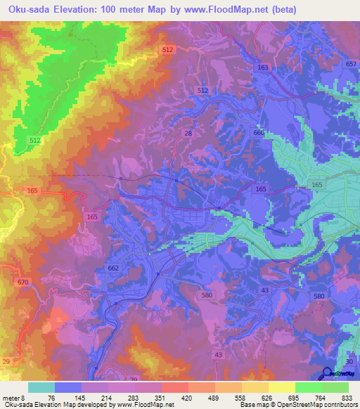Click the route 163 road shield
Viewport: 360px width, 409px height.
(263, 67)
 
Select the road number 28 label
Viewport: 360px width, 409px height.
(188, 133)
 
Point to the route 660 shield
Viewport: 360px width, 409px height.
(259, 133)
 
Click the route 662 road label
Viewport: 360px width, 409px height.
(115, 268)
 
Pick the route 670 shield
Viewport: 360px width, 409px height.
(24, 282)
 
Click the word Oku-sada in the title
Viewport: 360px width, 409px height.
(29, 10)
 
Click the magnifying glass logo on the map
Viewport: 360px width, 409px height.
(328, 374)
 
